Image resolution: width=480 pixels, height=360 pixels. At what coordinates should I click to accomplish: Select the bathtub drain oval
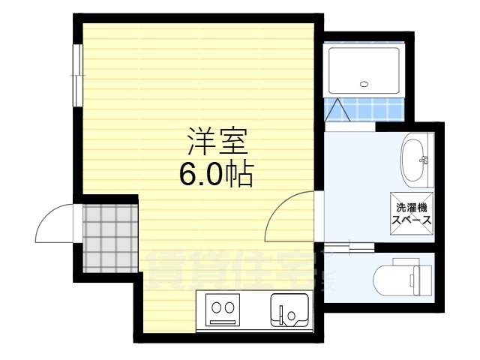tap(365, 84)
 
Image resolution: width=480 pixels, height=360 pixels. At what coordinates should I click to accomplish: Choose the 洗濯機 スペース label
tap(411, 213)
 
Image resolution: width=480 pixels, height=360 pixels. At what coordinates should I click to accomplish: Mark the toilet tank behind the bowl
tap(420, 277)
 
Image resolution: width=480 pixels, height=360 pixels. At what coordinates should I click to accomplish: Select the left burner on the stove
tap(214, 306)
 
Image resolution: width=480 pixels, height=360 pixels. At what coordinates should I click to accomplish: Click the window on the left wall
tap(77, 72)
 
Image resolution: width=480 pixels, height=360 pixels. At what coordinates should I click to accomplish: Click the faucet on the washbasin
tap(424, 159)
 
